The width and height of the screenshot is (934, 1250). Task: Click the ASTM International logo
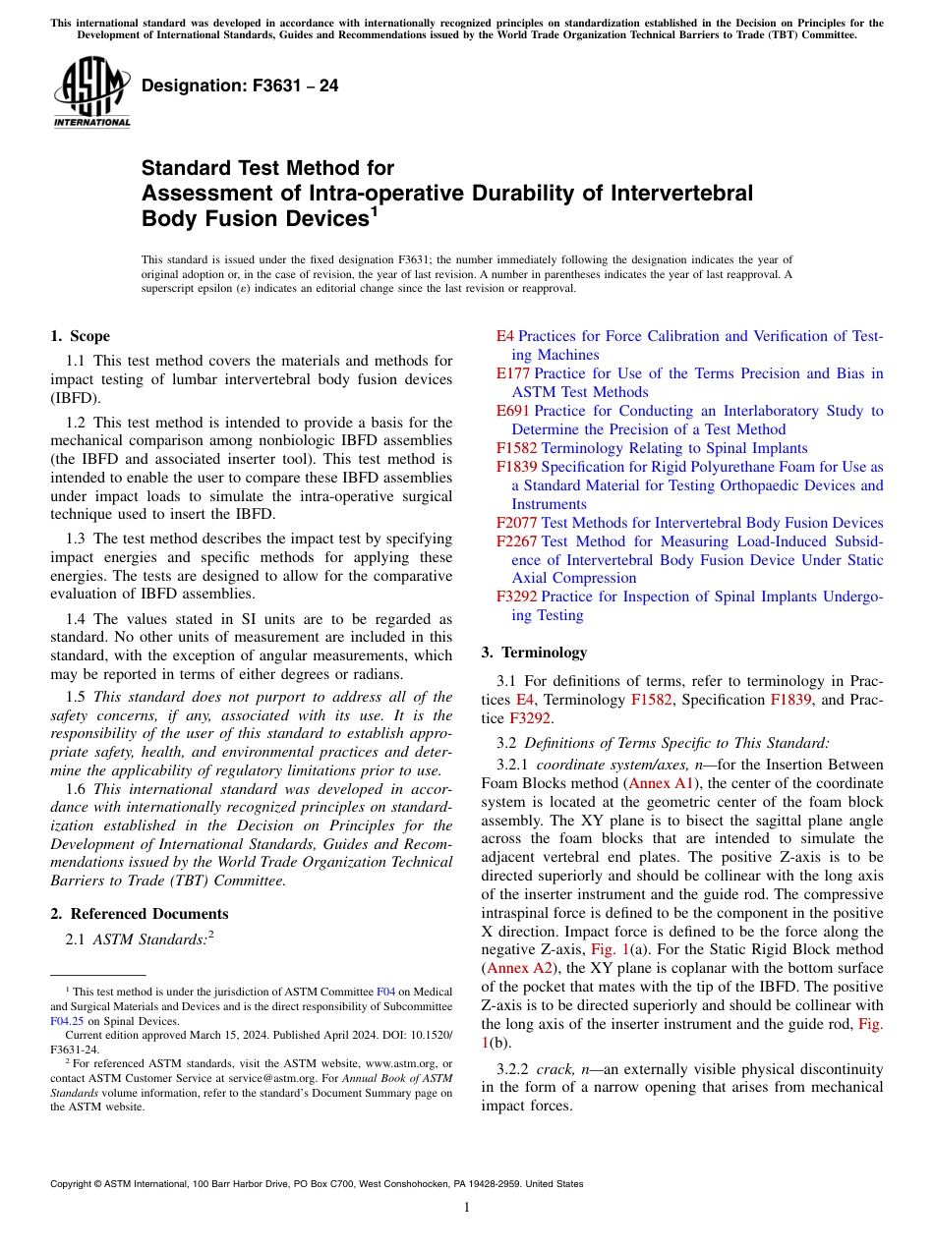91,92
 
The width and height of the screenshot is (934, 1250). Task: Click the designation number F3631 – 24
240,85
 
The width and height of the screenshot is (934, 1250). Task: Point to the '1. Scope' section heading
80,336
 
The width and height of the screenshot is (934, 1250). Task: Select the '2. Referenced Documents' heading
139,914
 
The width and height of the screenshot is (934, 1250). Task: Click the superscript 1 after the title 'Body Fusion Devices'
374,209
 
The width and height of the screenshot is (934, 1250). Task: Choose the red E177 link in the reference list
512,373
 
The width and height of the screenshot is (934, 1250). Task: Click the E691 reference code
512,411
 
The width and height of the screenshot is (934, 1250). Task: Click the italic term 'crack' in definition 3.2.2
555,1068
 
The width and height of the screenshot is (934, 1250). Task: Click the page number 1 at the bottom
467,1208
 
